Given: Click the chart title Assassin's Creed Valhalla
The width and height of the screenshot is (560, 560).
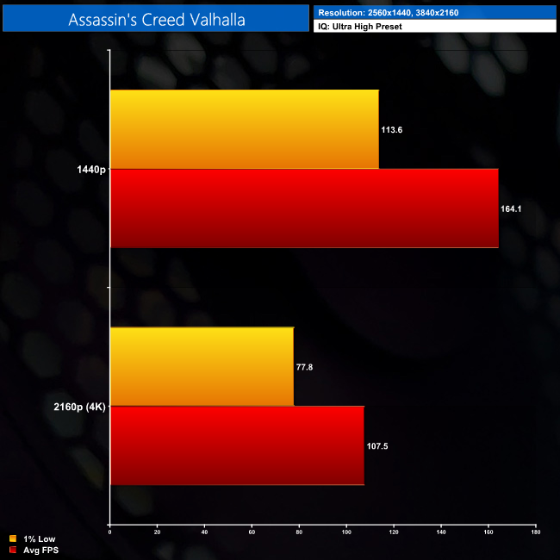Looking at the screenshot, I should click(x=156, y=19).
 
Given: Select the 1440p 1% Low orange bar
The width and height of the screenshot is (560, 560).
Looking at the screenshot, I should click(x=245, y=129).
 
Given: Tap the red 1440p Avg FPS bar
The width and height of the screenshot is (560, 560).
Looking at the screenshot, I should click(x=304, y=208).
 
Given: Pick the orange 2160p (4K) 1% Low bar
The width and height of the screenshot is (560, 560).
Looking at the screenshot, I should click(x=202, y=366).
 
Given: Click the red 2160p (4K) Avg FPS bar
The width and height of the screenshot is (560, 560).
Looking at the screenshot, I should click(x=237, y=445).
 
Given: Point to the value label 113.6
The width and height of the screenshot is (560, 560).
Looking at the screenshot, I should click(x=392, y=130).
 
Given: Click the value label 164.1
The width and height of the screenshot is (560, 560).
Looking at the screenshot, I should click(x=512, y=209).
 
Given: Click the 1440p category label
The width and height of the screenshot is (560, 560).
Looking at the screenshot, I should click(x=90, y=170).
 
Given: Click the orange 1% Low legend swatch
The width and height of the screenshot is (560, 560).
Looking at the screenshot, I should click(x=12, y=539).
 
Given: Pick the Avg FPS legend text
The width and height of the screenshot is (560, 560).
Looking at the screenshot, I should click(x=40, y=550).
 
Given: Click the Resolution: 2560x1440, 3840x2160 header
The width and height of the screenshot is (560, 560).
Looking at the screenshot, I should click(x=380, y=12).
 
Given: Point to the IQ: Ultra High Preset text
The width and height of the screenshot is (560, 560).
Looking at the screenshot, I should click(x=360, y=27).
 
